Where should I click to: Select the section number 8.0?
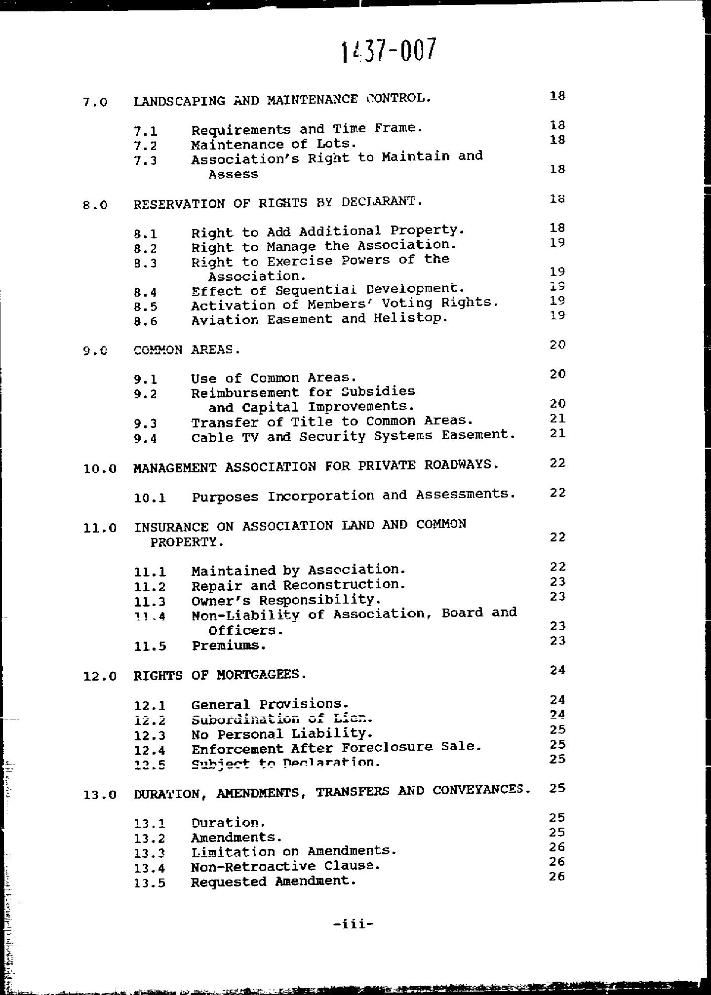[x=95, y=205]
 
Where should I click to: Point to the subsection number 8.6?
[x=145, y=321]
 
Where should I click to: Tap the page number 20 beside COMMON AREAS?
[x=557, y=344]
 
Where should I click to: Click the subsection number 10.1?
[x=150, y=498]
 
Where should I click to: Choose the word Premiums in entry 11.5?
[x=229, y=646]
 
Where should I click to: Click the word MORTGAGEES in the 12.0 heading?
[x=261, y=675]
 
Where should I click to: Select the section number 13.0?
[x=100, y=795]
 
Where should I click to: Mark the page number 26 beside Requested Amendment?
[x=556, y=877]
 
